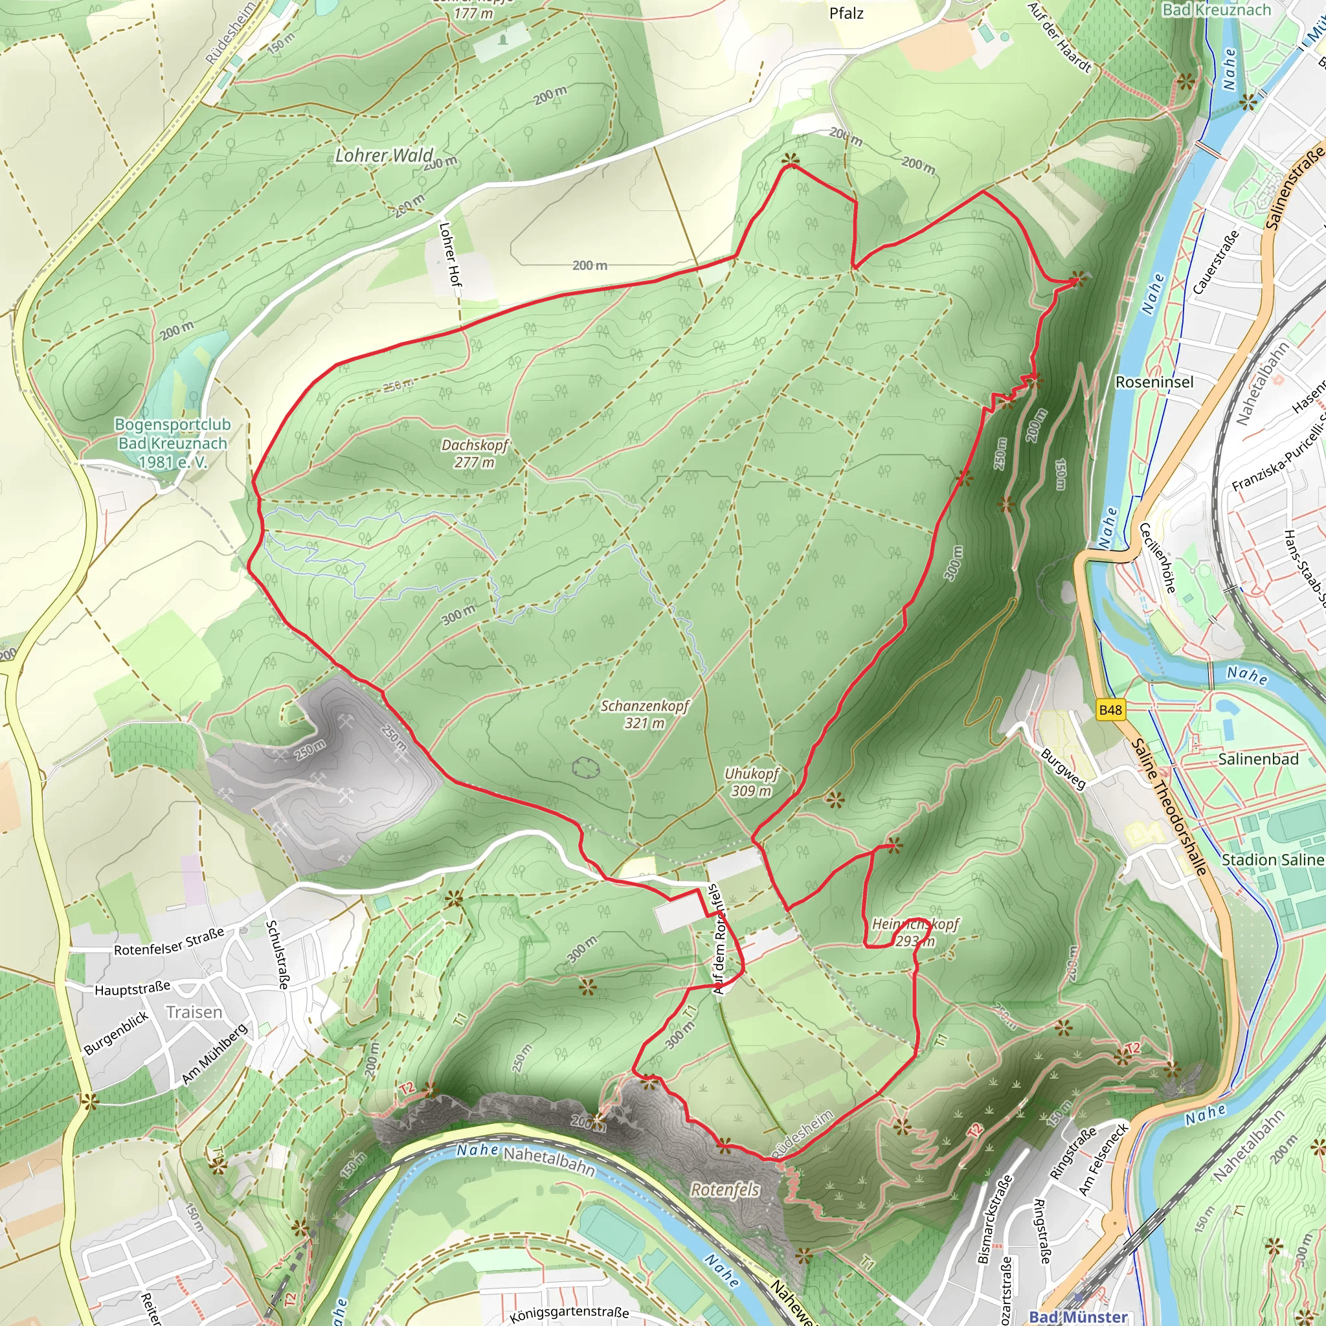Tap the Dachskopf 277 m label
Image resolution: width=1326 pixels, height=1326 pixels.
(x=475, y=453)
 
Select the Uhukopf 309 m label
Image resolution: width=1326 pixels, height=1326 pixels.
(x=752, y=781)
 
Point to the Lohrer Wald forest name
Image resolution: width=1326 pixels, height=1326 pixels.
(x=384, y=156)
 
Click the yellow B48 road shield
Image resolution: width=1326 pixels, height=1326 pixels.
(x=1110, y=710)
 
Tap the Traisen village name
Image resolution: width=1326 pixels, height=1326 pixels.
(x=194, y=1013)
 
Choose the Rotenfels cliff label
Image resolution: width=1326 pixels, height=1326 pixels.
(x=725, y=1189)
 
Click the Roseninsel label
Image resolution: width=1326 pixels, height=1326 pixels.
(x=1154, y=381)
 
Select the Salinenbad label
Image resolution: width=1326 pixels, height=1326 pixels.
(x=1258, y=759)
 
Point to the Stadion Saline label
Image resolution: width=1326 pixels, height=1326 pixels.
(x=1272, y=860)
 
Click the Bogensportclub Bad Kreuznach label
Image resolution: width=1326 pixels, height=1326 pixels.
(x=172, y=444)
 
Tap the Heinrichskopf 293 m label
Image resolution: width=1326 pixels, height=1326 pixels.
(x=915, y=933)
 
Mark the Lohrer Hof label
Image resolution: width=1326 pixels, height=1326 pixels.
(x=450, y=254)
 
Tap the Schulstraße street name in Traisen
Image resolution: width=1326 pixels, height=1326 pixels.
(x=276, y=954)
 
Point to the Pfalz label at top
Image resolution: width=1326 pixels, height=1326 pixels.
(x=846, y=13)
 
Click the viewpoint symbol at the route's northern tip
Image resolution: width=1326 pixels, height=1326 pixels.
(x=790, y=161)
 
